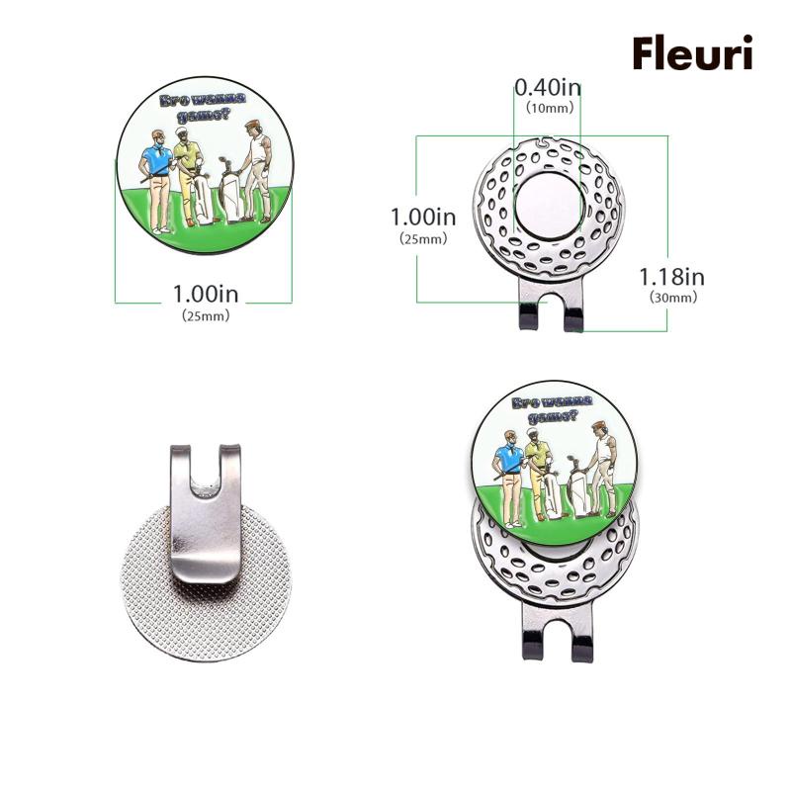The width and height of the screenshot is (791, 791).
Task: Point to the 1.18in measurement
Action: tap(671, 276)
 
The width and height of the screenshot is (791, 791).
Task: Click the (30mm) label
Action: tap(672, 297)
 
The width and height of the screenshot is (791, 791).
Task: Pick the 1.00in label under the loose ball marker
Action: tap(206, 295)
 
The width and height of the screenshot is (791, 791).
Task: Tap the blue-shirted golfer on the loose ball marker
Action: tap(156, 178)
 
